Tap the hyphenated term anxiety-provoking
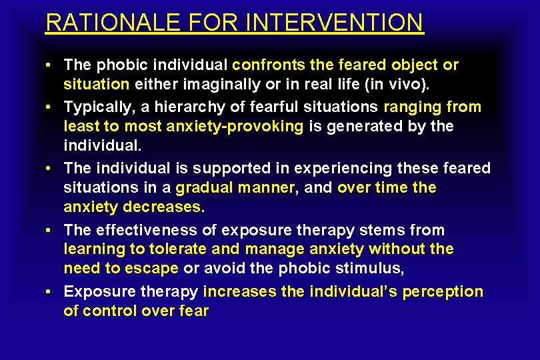(x=242, y=126)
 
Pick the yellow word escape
(x=155, y=268)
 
